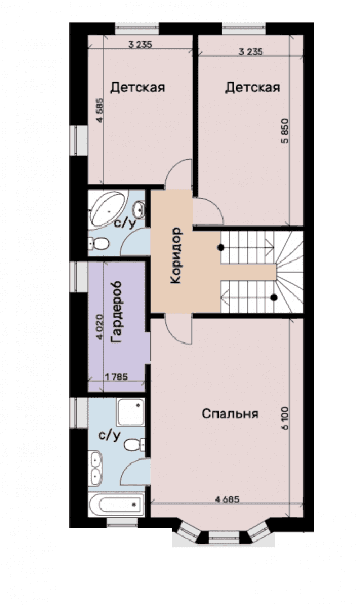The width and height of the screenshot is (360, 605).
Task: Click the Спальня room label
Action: click(230, 414)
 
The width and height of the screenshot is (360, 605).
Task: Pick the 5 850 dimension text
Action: click(286, 131)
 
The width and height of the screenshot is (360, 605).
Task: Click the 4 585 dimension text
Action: click(100, 111)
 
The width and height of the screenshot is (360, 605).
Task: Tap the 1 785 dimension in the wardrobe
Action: click(116, 377)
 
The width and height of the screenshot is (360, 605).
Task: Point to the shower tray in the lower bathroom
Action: click(131, 412)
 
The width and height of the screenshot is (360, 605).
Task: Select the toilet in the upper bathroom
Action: click(98, 243)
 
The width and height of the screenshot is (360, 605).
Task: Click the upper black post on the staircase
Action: click(221, 247)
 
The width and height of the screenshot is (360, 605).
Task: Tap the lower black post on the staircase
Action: click(274, 297)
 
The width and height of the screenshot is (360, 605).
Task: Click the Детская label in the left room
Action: click(138, 87)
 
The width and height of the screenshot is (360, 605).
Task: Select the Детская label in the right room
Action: click(253, 88)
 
